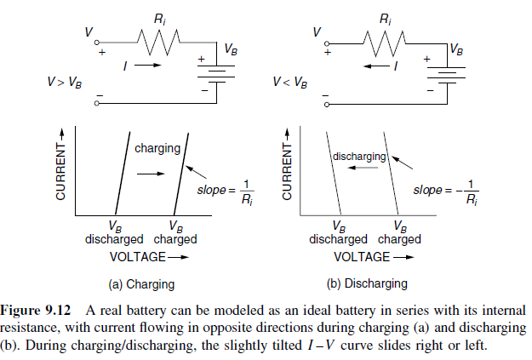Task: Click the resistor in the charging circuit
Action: (x=158, y=39)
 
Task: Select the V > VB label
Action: (x=66, y=83)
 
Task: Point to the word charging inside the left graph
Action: (x=157, y=148)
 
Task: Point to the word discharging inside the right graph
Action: (x=359, y=157)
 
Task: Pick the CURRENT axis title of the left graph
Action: (x=61, y=171)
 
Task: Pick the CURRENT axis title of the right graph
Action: (x=288, y=171)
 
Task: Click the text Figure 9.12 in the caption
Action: (x=40, y=310)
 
